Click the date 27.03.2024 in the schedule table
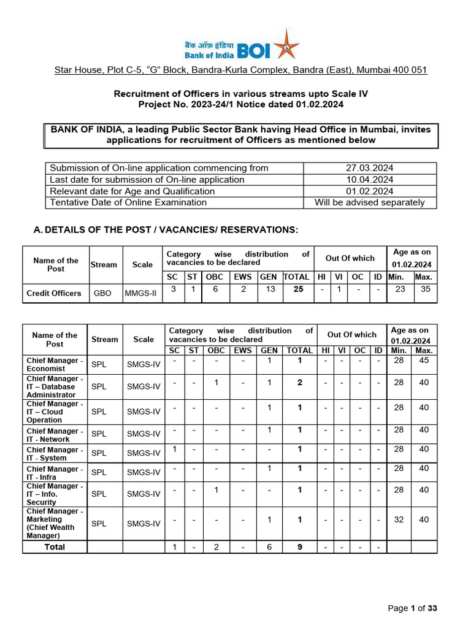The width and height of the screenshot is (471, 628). click(370, 168)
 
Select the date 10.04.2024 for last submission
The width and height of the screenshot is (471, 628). click(370, 180)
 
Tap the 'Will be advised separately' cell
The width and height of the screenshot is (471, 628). click(370, 202)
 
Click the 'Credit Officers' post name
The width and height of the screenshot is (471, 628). click(54, 293)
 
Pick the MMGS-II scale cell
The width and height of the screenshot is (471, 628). click(140, 293)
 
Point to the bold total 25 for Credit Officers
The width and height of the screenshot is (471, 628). click(299, 289)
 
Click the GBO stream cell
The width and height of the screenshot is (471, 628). click(102, 293)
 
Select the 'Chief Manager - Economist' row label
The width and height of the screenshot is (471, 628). click(55, 364)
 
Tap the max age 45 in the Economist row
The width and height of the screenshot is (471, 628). click(424, 361)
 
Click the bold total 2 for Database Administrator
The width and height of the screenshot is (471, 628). click(299, 383)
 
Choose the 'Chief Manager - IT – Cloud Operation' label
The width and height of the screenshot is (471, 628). click(55, 412)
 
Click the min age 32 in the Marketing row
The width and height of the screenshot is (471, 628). click(399, 519)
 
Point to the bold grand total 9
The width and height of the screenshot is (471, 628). click(299, 547)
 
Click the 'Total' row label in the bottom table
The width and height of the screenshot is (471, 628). click(55, 547)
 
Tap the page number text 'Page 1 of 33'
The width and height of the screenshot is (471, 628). click(413, 608)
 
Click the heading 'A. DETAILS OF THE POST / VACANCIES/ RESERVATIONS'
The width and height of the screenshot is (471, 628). click(166, 229)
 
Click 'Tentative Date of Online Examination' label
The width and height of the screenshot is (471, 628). click(128, 202)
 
